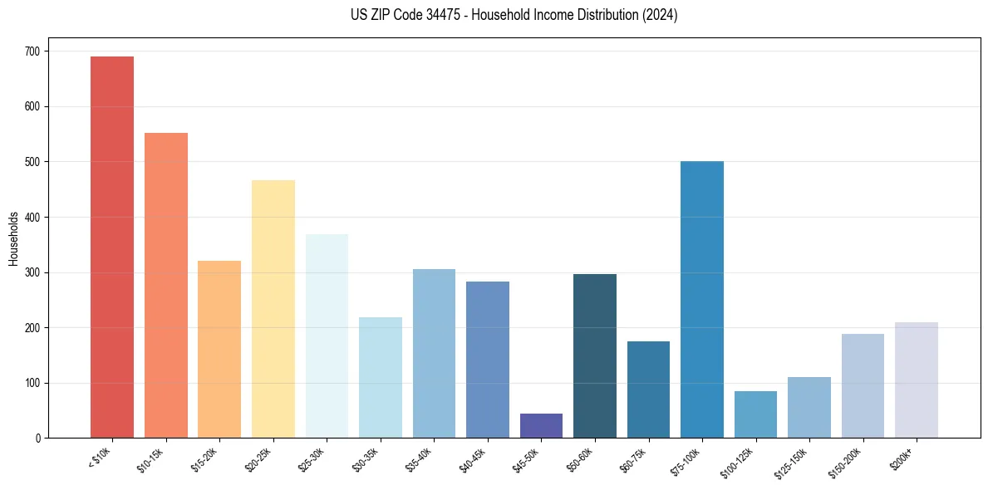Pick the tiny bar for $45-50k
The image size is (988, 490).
click(541, 426)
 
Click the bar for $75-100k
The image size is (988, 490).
click(702, 300)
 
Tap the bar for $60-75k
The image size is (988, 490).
click(648, 390)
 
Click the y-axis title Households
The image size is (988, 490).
click(13, 238)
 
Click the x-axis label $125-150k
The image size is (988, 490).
click(794, 462)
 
